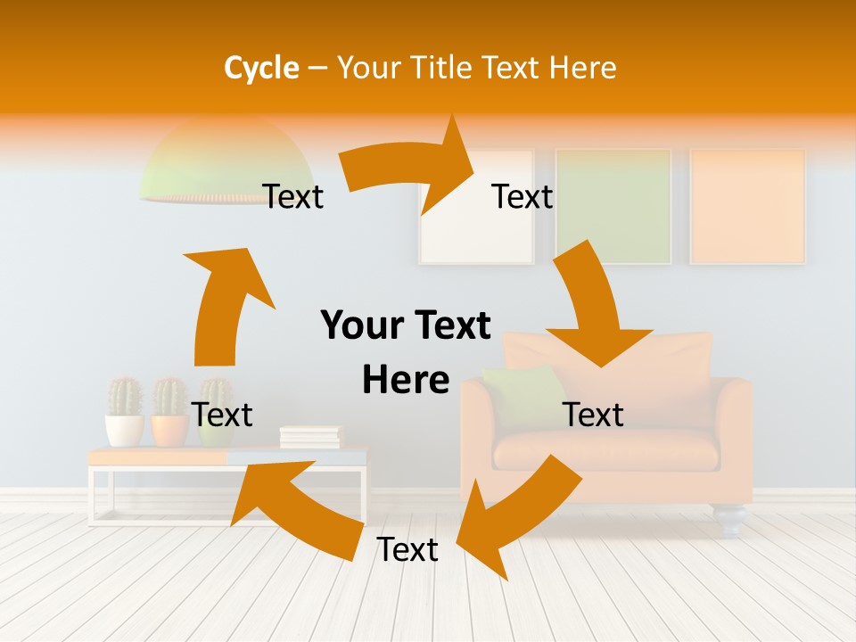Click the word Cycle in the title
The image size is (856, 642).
(261, 68)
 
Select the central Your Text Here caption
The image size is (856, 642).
(406, 352)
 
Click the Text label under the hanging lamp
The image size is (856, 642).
(293, 196)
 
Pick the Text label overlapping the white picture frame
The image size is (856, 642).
(523, 196)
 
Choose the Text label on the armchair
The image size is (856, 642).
(593, 415)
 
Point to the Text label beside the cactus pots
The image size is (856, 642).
(222, 415)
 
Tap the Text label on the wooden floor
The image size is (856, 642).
(407, 549)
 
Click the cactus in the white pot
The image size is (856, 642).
(125, 399)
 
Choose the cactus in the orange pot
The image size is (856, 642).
(169, 399)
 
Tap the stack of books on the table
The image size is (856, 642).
(310, 437)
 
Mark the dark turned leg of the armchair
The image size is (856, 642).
(729, 519)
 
